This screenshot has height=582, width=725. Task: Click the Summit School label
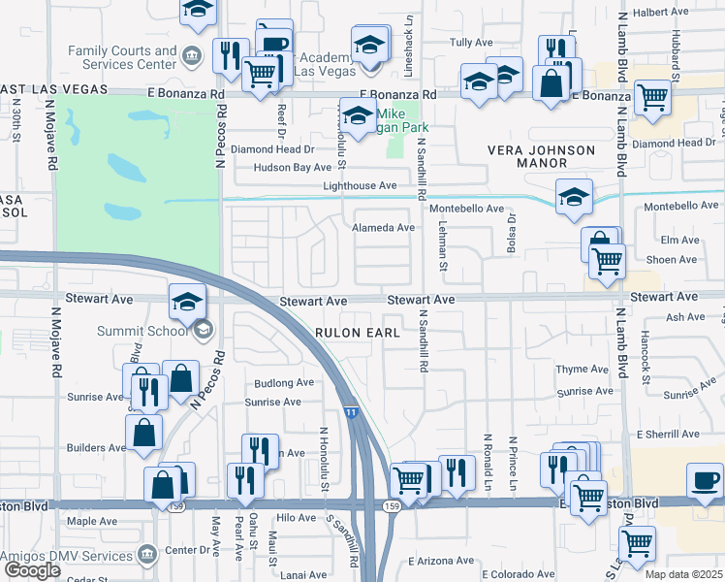coord(142,331)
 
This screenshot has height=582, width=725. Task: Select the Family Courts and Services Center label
coord(123,56)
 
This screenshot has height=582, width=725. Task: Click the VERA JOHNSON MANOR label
coord(540,158)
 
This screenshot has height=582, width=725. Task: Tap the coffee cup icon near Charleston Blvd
coord(705,480)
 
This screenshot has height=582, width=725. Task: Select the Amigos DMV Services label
coord(66,556)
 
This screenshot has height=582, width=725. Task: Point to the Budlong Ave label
coord(284,382)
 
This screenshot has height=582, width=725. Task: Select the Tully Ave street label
coord(472,43)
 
